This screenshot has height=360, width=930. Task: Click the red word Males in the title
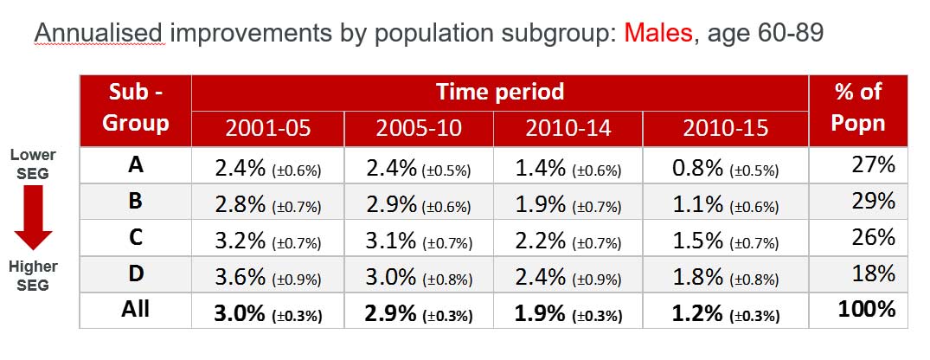click(x=657, y=33)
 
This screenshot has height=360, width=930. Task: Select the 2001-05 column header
click(x=267, y=129)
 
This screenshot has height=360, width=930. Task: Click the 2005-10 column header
click(x=419, y=129)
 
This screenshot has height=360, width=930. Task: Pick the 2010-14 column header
click(x=568, y=129)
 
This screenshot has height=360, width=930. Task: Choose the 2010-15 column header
click(x=725, y=129)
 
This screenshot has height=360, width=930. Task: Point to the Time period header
click(x=500, y=93)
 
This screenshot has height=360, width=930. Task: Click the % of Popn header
click(x=857, y=107)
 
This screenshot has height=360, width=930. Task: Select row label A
click(x=135, y=165)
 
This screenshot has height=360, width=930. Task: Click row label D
click(x=135, y=274)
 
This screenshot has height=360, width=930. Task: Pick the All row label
click(x=135, y=310)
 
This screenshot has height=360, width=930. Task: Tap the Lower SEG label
click(x=33, y=164)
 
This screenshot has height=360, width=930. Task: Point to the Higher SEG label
click(x=33, y=276)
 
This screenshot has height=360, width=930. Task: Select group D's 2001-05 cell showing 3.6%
click(x=267, y=276)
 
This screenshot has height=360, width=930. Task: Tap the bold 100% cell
click(x=867, y=310)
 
